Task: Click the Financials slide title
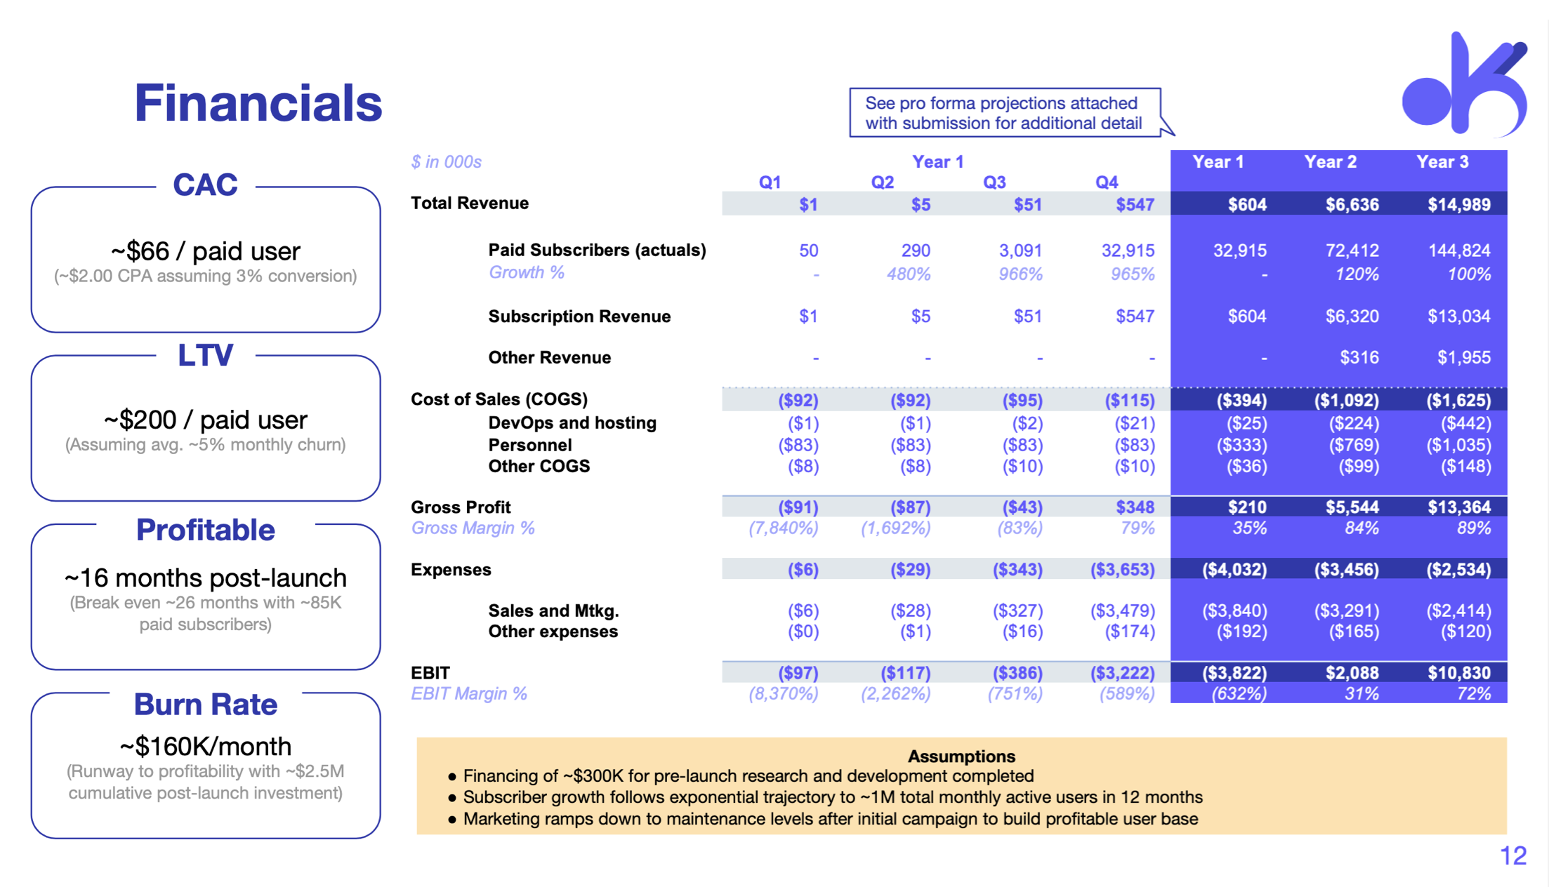coord(258,103)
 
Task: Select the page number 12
coord(1513,855)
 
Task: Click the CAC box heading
coord(205,185)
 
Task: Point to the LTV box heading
coord(205,355)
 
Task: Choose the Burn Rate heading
coord(205,704)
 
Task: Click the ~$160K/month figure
coord(205,746)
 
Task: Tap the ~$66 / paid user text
coord(205,251)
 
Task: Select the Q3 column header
coord(994,182)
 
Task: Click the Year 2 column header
coord(1330,162)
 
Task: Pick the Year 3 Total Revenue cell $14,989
coord(1458,205)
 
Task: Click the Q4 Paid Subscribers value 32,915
coord(1128,251)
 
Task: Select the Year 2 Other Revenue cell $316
coord(1359,358)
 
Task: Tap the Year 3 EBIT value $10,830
coord(1458,673)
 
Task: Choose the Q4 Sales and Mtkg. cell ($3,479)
coord(1122,611)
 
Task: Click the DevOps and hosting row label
coord(572,422)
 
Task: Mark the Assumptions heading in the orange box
coord(961,756)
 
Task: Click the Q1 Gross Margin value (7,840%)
coord(783,528)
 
